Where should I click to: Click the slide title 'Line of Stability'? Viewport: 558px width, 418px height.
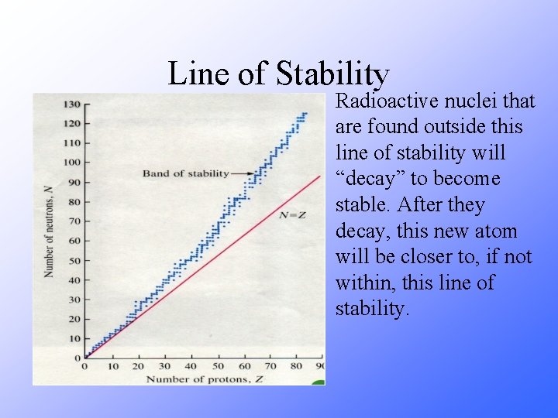278,74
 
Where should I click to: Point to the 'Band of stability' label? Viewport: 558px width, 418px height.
185,173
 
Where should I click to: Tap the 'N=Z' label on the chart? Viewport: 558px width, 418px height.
291,214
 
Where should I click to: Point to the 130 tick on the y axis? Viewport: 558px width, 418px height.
71,104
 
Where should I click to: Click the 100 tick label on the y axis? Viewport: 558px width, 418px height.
71,163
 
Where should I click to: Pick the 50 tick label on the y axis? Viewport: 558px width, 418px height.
73,260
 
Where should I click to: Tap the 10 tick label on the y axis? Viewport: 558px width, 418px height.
73,338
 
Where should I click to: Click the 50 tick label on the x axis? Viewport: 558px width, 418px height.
218,366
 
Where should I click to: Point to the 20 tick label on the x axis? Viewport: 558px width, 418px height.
138,366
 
